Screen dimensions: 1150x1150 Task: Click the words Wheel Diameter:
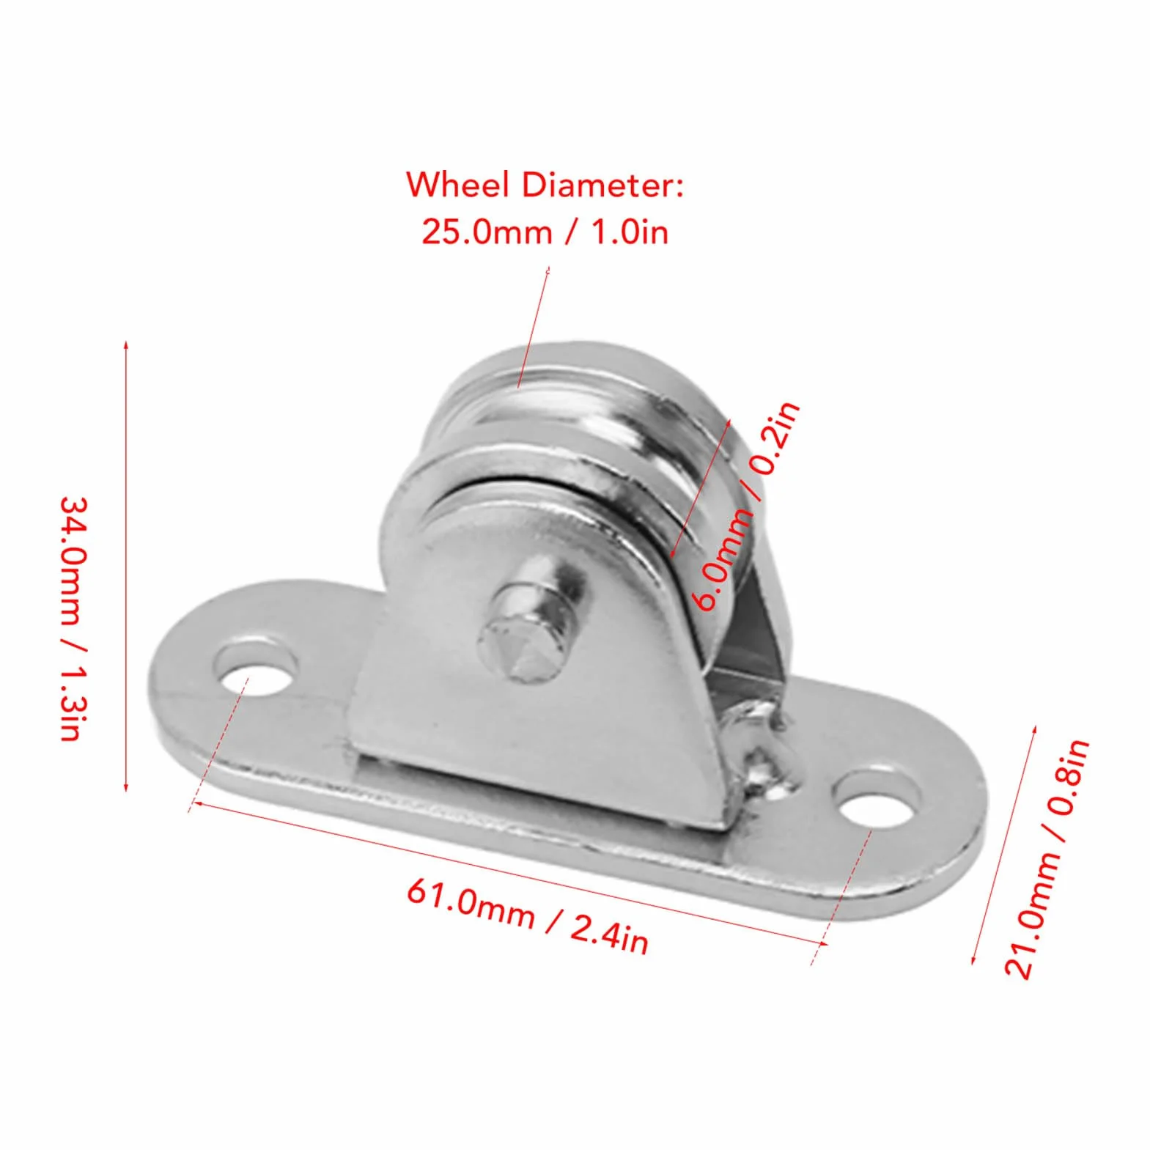coord(545,185)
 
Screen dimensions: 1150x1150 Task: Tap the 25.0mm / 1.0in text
coord(545,232)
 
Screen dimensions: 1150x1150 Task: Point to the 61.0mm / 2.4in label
coord(528,917)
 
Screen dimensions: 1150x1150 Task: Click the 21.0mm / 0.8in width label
coord(1046,858)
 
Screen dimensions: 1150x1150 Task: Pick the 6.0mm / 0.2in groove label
coord(747,506)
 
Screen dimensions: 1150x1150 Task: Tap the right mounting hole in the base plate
coord(877,799)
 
